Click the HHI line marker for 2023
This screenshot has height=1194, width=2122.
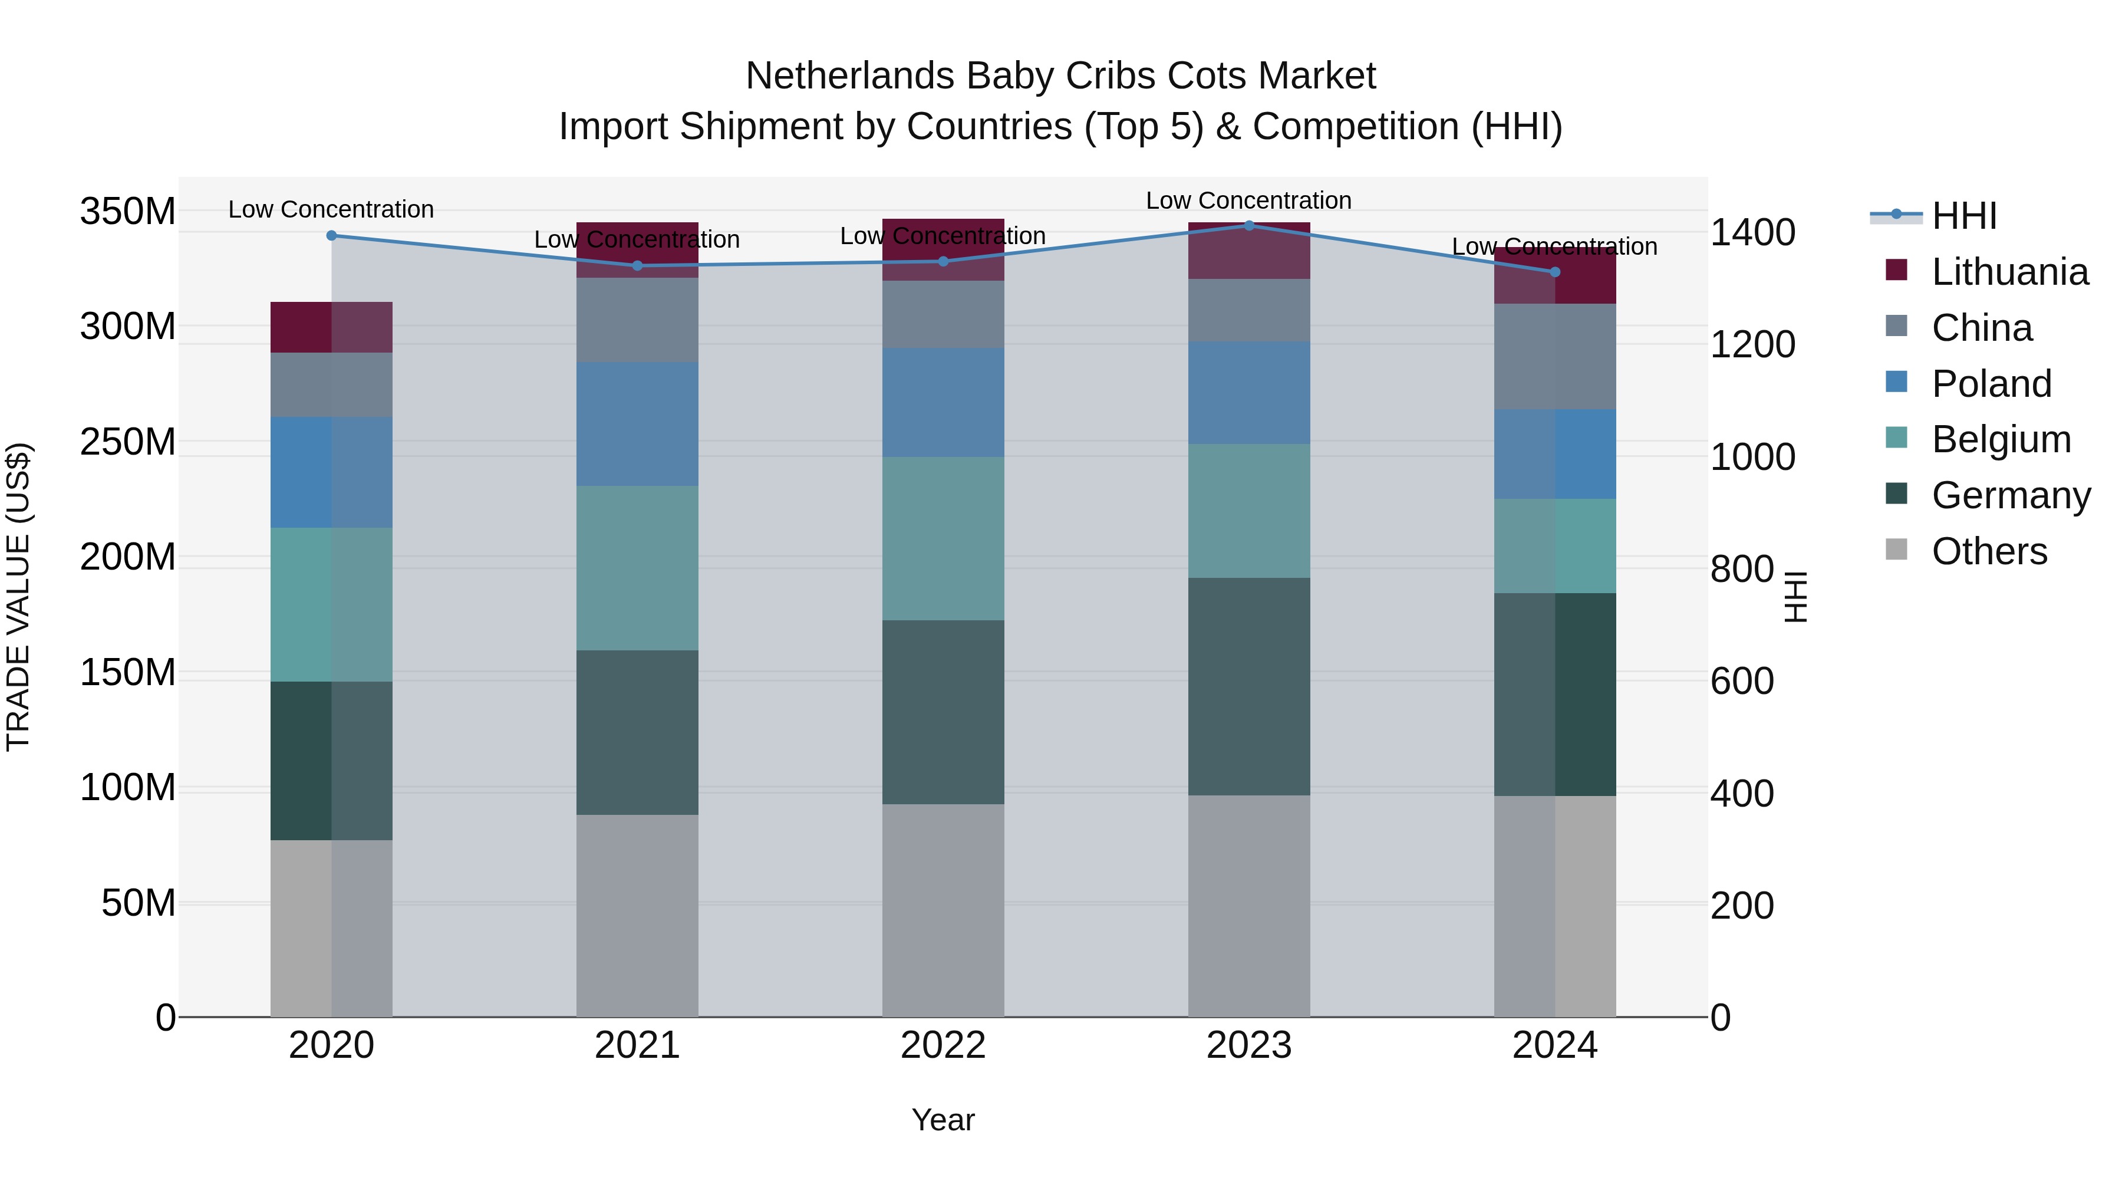coord(1249,225)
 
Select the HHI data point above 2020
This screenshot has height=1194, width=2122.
coord(332,236)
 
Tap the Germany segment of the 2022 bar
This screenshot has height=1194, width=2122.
coord(943,712)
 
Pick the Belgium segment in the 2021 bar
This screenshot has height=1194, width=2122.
coord(637,568)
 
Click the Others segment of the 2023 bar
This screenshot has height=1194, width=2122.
coord(1249,906)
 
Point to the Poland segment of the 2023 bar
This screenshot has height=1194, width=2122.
coord(1249,393)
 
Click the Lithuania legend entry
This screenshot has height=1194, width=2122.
coord(2008,272)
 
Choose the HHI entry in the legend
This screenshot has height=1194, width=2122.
coord(1964,216)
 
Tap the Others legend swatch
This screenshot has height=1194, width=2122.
coord(1896,550)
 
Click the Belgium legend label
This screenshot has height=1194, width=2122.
coord(2001,439)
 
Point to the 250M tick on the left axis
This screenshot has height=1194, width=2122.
coord(128,442)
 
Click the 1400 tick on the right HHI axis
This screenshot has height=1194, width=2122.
coord(1752,232)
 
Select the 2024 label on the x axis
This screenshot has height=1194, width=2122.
coord(1554,1045)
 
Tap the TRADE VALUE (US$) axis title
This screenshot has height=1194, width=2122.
coord(19,597)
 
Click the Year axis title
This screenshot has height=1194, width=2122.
coord(943,1120)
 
